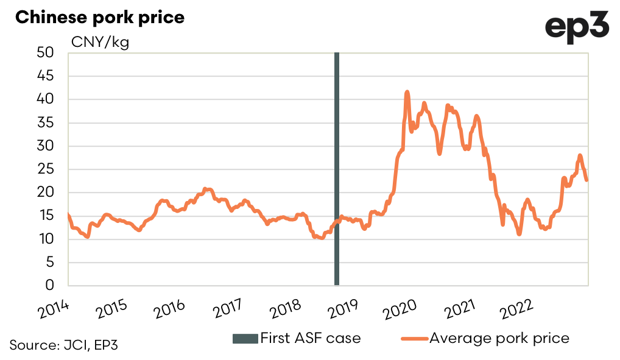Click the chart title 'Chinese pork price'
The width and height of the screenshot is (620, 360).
100,17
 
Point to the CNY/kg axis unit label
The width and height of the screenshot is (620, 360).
100,43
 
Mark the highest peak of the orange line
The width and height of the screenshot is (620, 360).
407,92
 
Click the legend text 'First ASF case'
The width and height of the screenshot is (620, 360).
310,337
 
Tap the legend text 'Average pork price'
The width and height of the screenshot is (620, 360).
499,337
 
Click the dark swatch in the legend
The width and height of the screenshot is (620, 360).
245,338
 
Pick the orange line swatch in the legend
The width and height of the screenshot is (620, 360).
414,338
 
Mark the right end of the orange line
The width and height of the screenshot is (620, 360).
587,180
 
